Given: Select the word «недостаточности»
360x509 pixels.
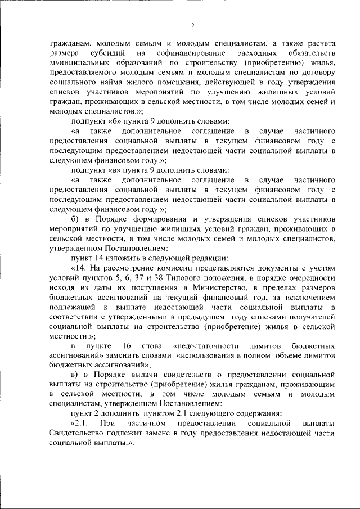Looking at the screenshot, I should tap(207, 345).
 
